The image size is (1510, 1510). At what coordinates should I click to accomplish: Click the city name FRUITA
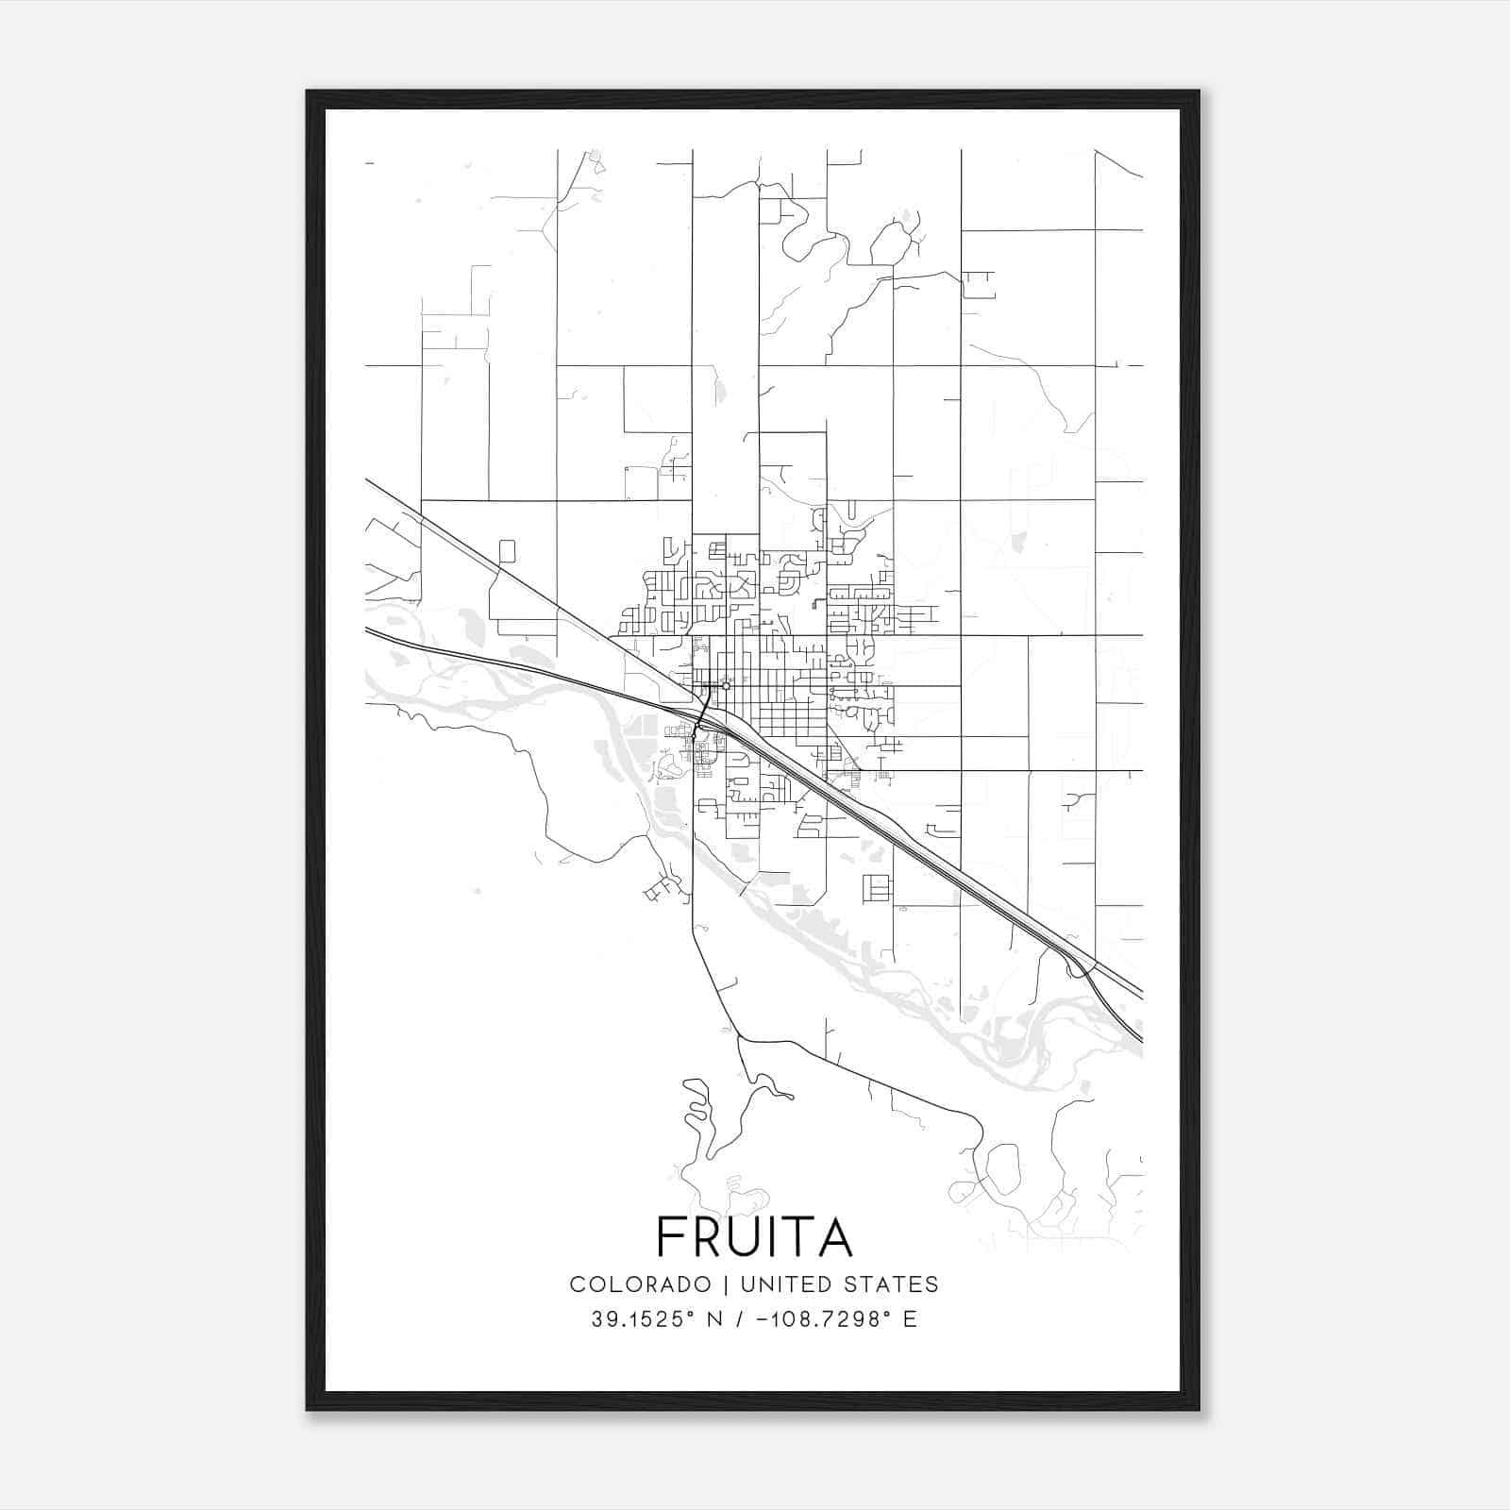[754, 1236]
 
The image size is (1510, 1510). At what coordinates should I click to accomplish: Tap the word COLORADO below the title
[640, 1284]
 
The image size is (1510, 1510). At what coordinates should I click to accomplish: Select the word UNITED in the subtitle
[787, 1284]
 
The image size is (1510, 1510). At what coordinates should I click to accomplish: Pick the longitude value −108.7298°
[825, 1319]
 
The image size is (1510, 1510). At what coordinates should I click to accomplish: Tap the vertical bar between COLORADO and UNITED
[726, 1284]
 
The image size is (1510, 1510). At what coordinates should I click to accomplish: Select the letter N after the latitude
[713, 1319]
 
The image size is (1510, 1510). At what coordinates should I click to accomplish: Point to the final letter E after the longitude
[910, 1319]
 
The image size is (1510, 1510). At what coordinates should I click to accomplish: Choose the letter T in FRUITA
[803, 1236]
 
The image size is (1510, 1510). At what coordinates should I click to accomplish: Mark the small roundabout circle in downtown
[725, 685]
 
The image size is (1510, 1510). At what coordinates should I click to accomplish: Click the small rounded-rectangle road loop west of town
[507, 551]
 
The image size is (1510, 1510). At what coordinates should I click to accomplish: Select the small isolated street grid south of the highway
[876, 888]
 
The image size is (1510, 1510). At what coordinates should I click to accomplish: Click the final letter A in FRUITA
[837, 1236]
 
